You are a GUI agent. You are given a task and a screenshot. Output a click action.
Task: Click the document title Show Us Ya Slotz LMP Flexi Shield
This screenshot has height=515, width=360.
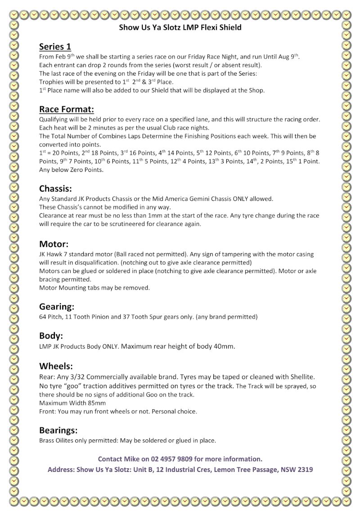click(x=180, y=27)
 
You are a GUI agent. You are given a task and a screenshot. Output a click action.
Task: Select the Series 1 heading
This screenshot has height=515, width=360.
click(x=55, y=46)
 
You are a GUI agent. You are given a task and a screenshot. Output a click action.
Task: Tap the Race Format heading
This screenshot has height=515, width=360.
click(x=66, y=109)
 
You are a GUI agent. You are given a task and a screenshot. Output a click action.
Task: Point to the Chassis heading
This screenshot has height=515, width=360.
click(x=55, y=188)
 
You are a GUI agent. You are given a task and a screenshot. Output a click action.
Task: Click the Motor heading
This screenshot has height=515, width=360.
click(x=54, y=244)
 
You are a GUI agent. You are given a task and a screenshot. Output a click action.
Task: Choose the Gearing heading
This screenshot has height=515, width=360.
click(x=57, y=307)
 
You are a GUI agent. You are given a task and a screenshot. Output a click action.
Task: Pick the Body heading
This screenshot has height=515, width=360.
click(x=51, y=336)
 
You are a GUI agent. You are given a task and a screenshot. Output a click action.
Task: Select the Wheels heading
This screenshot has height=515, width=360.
click(x=56, y=366)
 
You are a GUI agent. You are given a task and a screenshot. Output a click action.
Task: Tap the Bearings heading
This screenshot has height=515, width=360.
click(x=58, y=430)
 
